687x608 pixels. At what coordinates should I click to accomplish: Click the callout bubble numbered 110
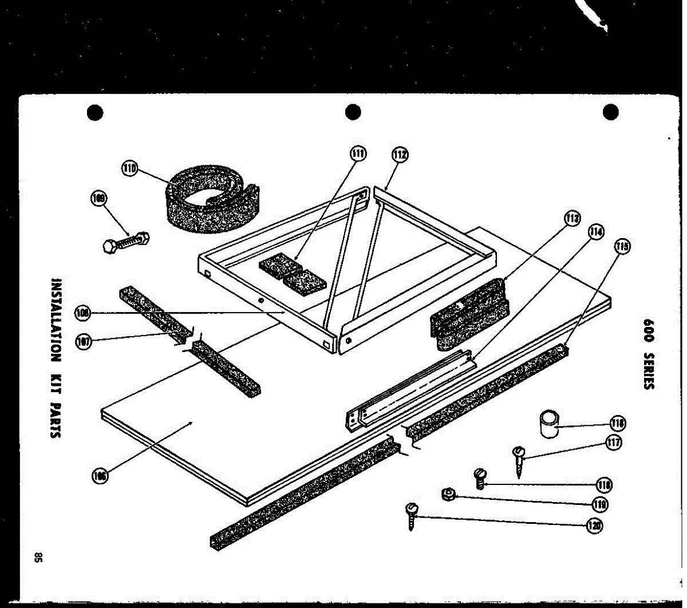pyautogui.click(x=129, y=168)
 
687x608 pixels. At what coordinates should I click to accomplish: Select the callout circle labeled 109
pyautogui.click(x=99, y=199)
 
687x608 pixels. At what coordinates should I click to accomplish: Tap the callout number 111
pyautogui.click(x=358, y=154)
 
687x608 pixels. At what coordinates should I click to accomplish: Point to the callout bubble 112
pyautogui.click(x=400, y=155)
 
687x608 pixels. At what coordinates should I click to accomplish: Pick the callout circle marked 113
pyautogui.click(x=571, y=218)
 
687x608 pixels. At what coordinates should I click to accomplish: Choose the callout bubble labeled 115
pyautogui.click(x=622, y=247)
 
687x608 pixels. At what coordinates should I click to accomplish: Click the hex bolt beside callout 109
pyautogui.click(x=127, y=241)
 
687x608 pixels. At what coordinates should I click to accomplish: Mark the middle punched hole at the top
pyautogui.click(x=352, y=112)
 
